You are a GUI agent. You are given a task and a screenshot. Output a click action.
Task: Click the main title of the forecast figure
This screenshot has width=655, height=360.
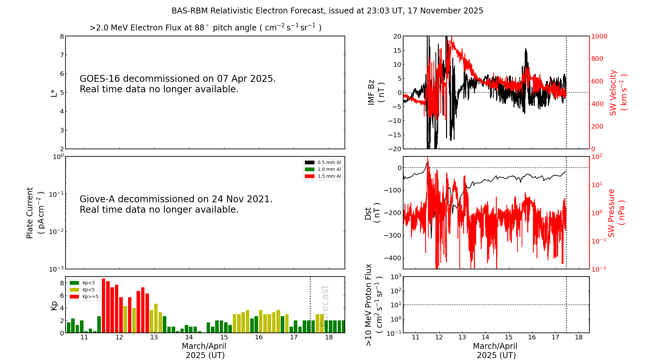327,11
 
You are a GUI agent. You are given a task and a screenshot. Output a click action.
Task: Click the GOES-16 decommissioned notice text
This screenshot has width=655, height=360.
178,84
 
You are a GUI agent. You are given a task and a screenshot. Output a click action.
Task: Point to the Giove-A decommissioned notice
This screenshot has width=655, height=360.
176,204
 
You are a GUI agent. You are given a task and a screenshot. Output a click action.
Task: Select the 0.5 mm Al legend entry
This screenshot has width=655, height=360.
323,162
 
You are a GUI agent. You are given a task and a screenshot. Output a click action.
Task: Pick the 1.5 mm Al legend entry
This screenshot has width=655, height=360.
323,176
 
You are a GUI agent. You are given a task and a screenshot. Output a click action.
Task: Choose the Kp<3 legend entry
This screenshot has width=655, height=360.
82,283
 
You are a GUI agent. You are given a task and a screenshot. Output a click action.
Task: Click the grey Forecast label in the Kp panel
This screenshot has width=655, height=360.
325,306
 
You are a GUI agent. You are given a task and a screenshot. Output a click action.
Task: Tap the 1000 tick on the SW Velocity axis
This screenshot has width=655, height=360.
599,36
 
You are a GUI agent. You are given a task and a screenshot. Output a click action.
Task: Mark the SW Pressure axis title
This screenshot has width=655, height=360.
616,213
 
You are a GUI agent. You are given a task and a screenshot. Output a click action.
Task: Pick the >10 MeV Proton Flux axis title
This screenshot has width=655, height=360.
373,305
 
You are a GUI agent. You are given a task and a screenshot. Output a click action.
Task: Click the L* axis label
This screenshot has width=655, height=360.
54,93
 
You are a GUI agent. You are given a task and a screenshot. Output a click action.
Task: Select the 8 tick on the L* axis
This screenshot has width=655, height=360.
62,36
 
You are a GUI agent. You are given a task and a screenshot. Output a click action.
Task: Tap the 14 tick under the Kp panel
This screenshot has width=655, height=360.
189,337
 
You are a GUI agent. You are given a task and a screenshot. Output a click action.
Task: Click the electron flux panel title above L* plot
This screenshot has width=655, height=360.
205,27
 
